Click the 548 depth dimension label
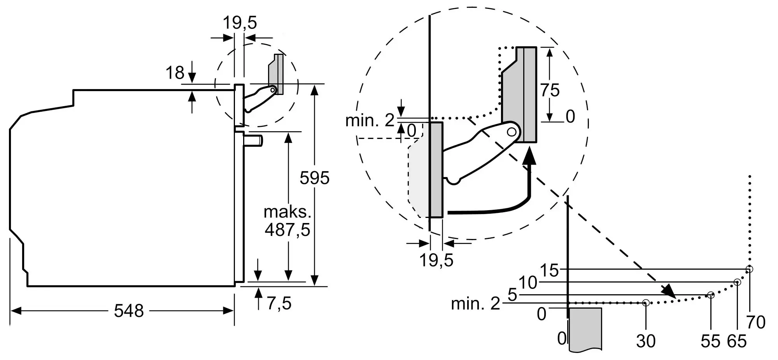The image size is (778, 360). tap(129, 311)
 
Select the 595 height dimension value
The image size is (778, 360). tap(314, 178)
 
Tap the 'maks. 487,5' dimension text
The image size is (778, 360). tap(287, 221)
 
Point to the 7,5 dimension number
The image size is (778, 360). tap(279, 303)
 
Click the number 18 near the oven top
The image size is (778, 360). tap(175, 73)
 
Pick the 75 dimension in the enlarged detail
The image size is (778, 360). tap(550, 90)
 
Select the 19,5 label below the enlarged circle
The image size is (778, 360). tap(436, 260)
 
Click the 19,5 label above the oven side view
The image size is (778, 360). tap(240, 23)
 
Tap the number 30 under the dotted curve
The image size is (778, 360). tap(646, 341)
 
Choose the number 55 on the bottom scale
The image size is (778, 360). tap(710, 341)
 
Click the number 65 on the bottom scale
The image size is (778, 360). tap(737, 341)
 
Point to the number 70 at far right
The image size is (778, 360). tap(756, 322)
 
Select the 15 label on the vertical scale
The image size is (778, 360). tap(549, 270)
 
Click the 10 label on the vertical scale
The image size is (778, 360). tap(528, 283)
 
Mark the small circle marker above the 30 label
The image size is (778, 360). tap(646, 302)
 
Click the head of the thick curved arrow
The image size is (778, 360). tap(529, 158)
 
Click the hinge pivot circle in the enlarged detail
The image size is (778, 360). tap(512, 132)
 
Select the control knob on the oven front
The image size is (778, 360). tap(254, 140)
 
